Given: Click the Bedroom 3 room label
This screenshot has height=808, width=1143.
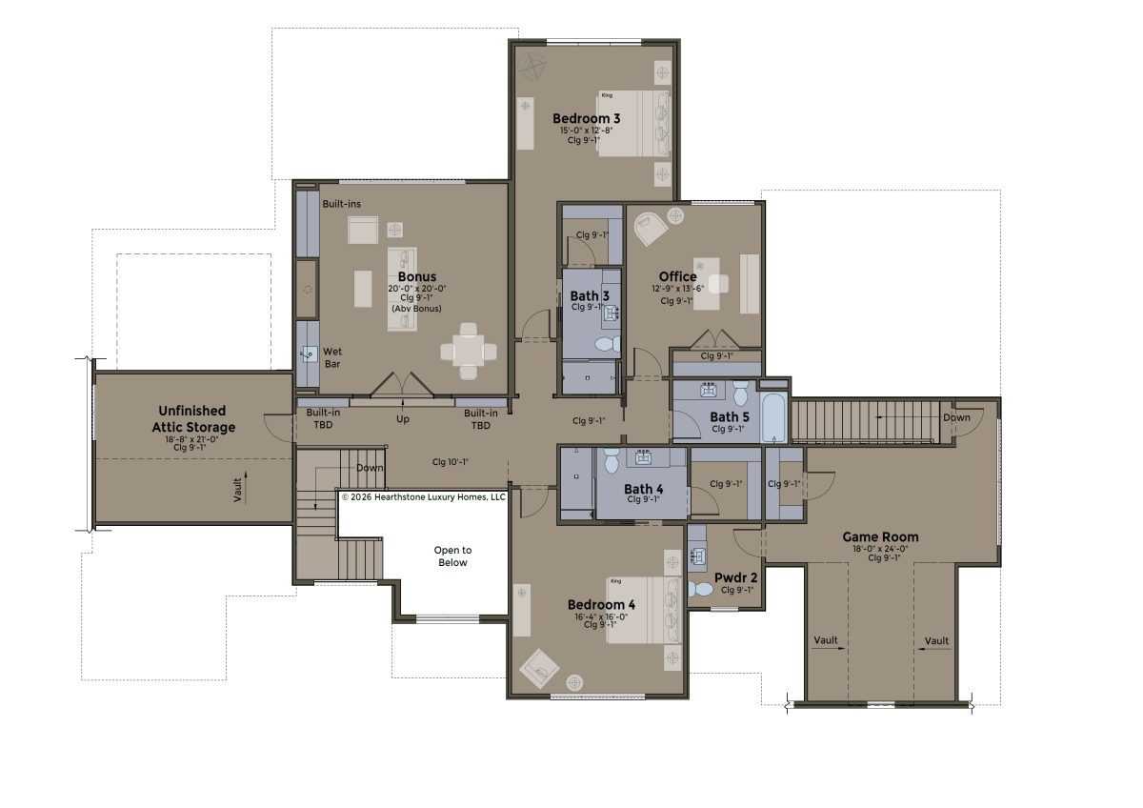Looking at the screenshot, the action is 587,118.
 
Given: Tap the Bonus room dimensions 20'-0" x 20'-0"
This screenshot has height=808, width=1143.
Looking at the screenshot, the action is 417,289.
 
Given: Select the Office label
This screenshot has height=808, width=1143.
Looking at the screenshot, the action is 677,276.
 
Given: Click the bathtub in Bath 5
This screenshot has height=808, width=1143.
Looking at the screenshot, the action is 774,417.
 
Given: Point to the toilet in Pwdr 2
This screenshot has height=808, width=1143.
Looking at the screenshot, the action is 700,590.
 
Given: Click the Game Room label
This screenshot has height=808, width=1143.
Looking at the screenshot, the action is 880,537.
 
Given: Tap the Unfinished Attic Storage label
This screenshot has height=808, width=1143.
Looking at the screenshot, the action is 193,419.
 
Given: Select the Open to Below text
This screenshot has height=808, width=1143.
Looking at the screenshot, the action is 452,556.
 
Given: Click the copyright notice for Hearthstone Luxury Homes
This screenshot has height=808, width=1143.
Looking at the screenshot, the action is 424,497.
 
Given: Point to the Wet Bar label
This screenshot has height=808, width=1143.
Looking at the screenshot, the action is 332,358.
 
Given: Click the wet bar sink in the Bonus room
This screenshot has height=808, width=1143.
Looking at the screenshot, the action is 309,353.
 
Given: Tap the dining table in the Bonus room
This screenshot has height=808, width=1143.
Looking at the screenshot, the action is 469,352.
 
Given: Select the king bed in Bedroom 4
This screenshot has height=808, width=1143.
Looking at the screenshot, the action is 645,611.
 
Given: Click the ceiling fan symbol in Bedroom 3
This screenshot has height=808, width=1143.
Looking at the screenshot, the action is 532,67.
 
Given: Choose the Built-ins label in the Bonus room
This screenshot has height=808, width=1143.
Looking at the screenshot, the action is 341,204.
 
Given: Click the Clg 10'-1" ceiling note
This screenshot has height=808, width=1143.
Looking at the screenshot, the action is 450,462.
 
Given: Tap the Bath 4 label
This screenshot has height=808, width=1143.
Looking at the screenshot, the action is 644,489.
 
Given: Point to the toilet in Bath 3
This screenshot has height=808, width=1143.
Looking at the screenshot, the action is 609,344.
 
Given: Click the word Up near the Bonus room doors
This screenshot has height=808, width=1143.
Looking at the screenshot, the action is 403,419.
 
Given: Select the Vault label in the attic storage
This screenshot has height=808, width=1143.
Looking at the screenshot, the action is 238,490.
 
